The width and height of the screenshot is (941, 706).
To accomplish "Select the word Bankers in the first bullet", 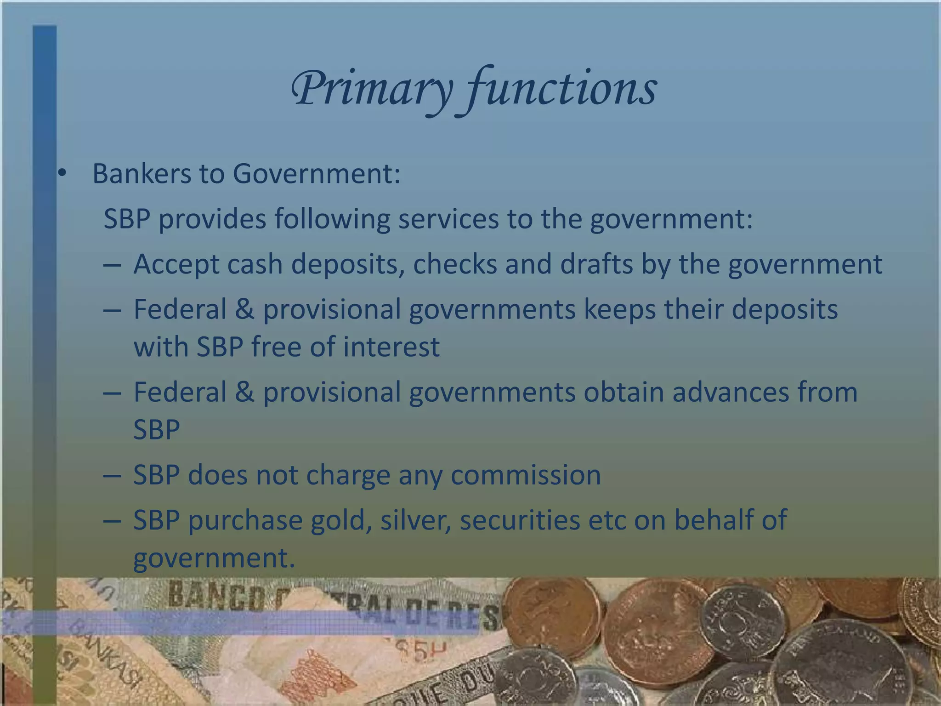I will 142,174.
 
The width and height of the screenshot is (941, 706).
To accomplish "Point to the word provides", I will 212,219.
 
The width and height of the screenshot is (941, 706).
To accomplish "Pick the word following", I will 332,219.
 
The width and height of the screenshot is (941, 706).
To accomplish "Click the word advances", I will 731,392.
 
